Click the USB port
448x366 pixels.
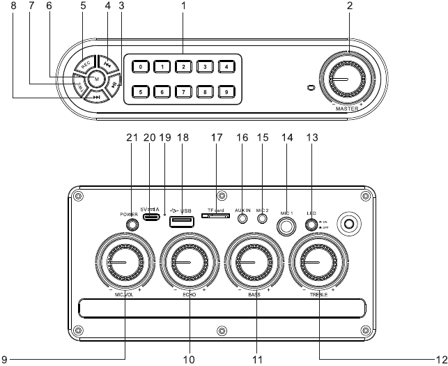coord(181,221)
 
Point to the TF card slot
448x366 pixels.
coord(217,216)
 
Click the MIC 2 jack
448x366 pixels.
coord(262,218)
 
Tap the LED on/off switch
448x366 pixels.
coord(311,224)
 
